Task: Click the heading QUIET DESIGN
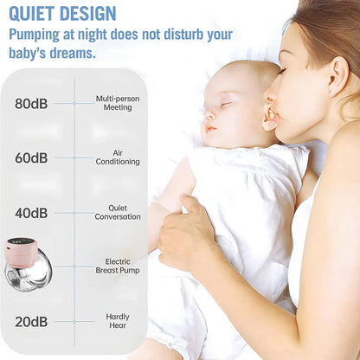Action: coord(61,13)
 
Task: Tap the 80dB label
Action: coord(31,104)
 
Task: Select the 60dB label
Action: coord(31,158)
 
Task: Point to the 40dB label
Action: coord(31,213)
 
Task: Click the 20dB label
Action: coord(31,322)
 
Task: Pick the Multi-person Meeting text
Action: coord(118,103)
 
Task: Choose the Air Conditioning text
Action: coord(118,157)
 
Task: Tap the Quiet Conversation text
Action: coord(118,212)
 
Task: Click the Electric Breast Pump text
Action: coord(118,266)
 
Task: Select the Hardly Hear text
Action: coord(118,321)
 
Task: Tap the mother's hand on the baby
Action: coord(186,234)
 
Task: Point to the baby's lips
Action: coord(209,129)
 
